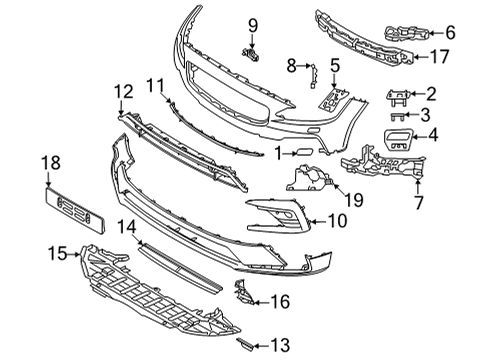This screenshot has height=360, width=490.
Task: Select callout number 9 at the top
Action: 253,25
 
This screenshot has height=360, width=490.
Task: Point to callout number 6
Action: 449,33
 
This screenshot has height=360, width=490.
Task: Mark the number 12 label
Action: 122,92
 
